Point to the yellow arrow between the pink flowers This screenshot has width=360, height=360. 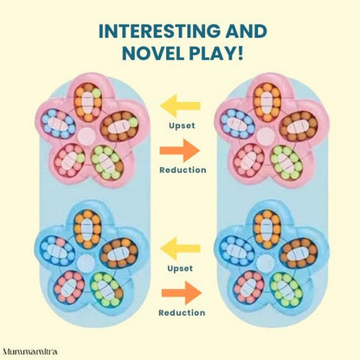tap(180, 109)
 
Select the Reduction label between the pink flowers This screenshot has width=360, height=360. tap(183, 170)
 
